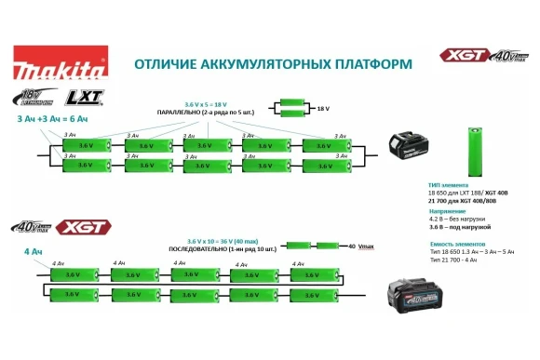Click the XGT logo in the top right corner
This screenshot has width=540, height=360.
tap(463, 56)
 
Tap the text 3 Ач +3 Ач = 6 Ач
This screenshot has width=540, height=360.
tap(52, 120)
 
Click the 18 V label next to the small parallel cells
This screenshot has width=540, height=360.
tap(324, 109)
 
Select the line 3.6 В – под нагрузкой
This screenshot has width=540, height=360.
tap(459, 227)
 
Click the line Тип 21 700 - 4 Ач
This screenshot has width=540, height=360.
tap(455, 260)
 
